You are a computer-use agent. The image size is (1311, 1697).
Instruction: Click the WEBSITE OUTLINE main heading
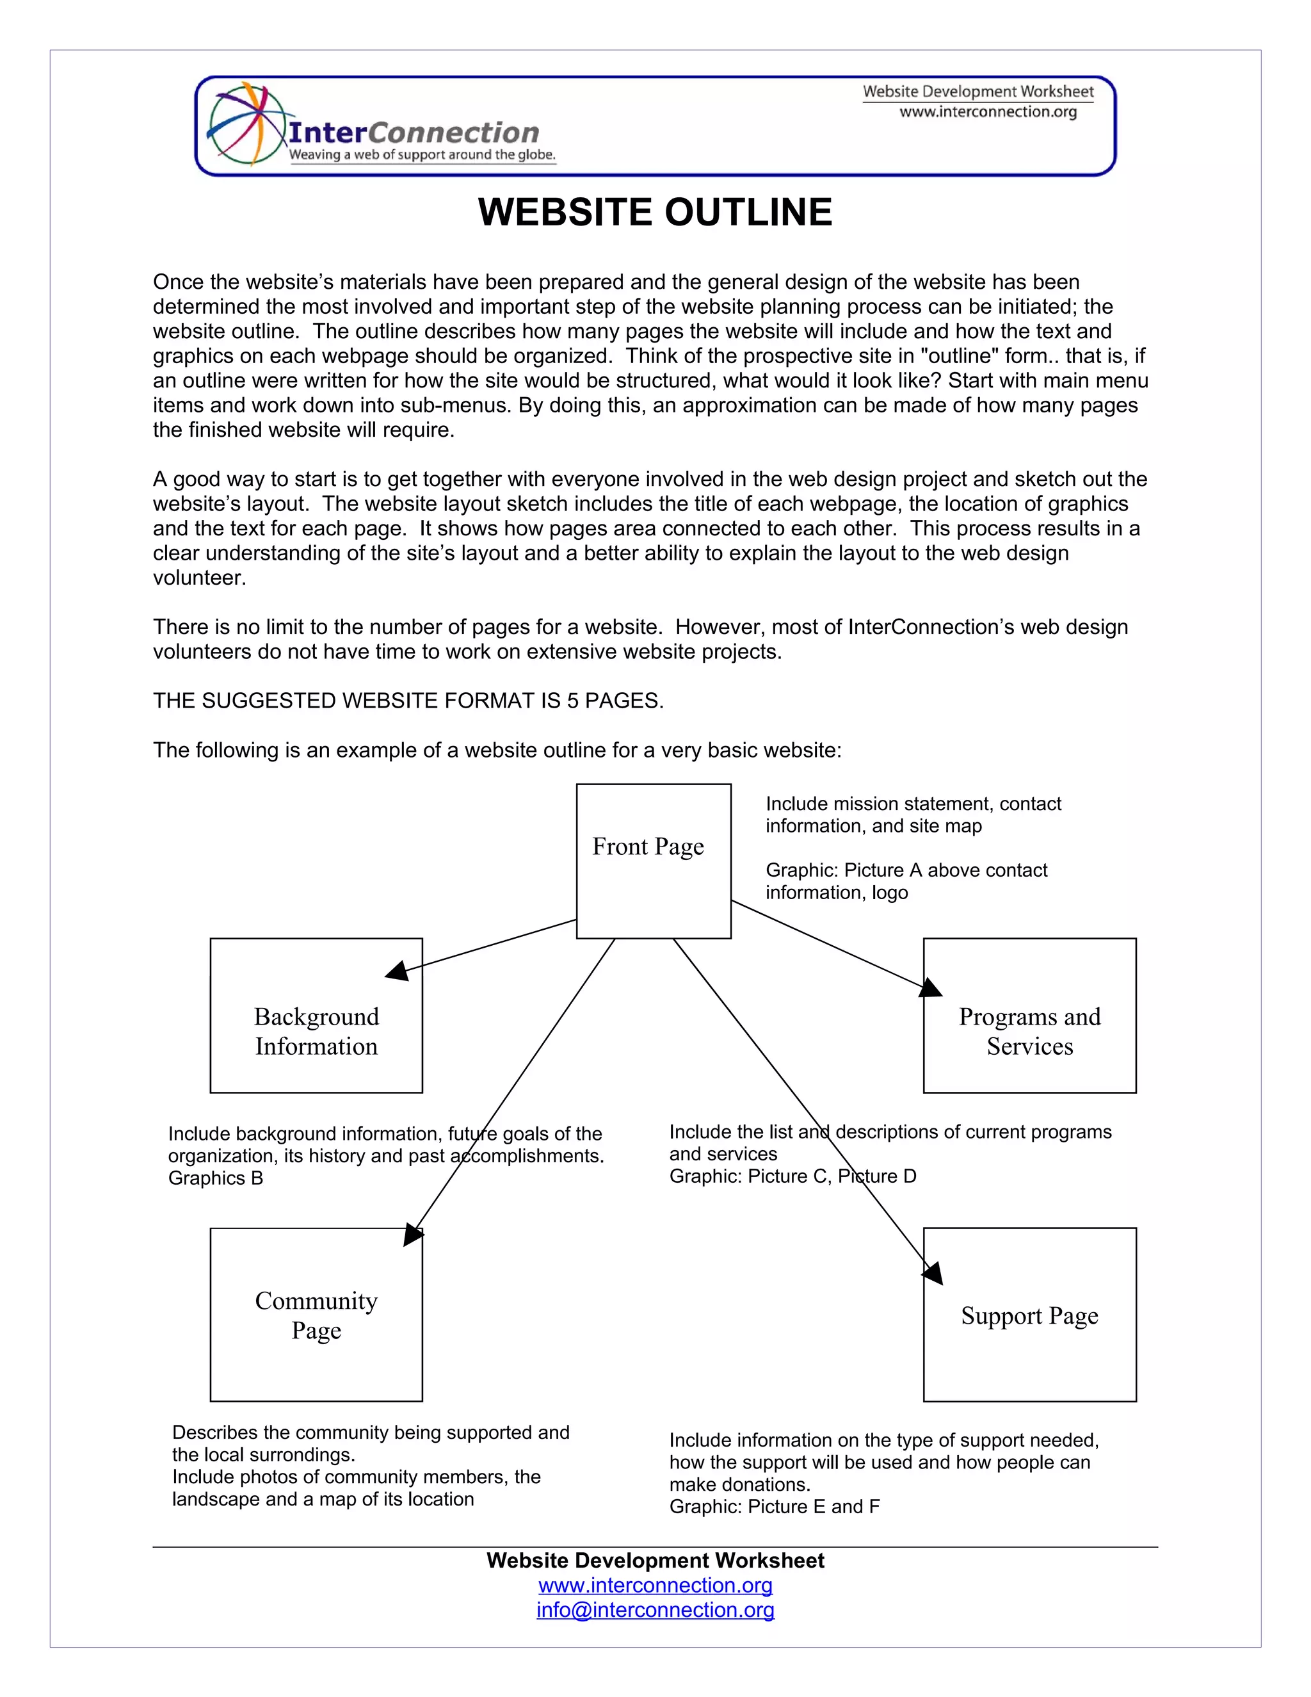point(655,212)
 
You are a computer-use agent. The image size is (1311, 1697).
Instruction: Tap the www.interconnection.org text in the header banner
point(988,112)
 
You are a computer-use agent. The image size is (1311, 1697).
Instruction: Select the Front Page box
point(653,861)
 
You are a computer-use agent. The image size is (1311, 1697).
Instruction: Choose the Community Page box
point(316,1315)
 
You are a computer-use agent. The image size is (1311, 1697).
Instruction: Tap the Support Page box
point(1029,1315)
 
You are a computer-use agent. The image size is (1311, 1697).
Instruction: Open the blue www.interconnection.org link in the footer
point(655,1585)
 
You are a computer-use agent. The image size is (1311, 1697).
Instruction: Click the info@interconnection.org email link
point(655,1610)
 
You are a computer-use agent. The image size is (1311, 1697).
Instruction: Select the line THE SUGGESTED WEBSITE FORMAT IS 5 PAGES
point(408,701)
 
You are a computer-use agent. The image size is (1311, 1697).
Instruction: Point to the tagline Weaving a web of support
point(422,154)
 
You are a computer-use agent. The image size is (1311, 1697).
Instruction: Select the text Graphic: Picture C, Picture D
point(792,1176)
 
